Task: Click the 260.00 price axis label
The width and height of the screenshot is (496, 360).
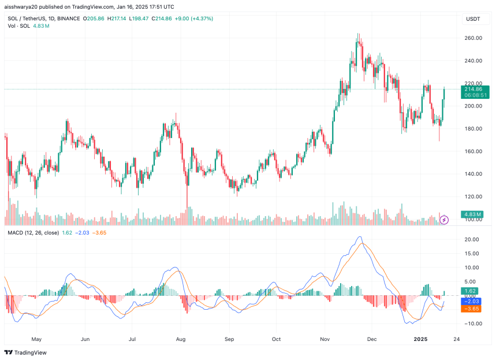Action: [x=473, y=38]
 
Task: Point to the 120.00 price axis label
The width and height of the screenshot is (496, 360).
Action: [x=473, y=196]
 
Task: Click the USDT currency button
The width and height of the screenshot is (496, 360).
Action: [x=473, y=19]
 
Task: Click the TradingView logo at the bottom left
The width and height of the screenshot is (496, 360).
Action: [x=25, y=352]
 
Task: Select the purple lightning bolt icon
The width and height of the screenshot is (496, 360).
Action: [x=444, y=220]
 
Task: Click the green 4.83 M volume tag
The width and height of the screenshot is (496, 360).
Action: [x=473, y=214]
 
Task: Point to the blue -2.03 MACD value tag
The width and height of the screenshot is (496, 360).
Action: [x=473, y=301]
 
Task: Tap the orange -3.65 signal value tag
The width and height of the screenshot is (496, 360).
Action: [x=473, y=309]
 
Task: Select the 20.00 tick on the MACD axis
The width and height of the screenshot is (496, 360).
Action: [x=473, y=239]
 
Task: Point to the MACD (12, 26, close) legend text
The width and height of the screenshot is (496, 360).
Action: [x=33, y=233]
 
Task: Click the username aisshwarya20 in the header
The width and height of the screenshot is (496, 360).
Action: [x=23, y=7]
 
